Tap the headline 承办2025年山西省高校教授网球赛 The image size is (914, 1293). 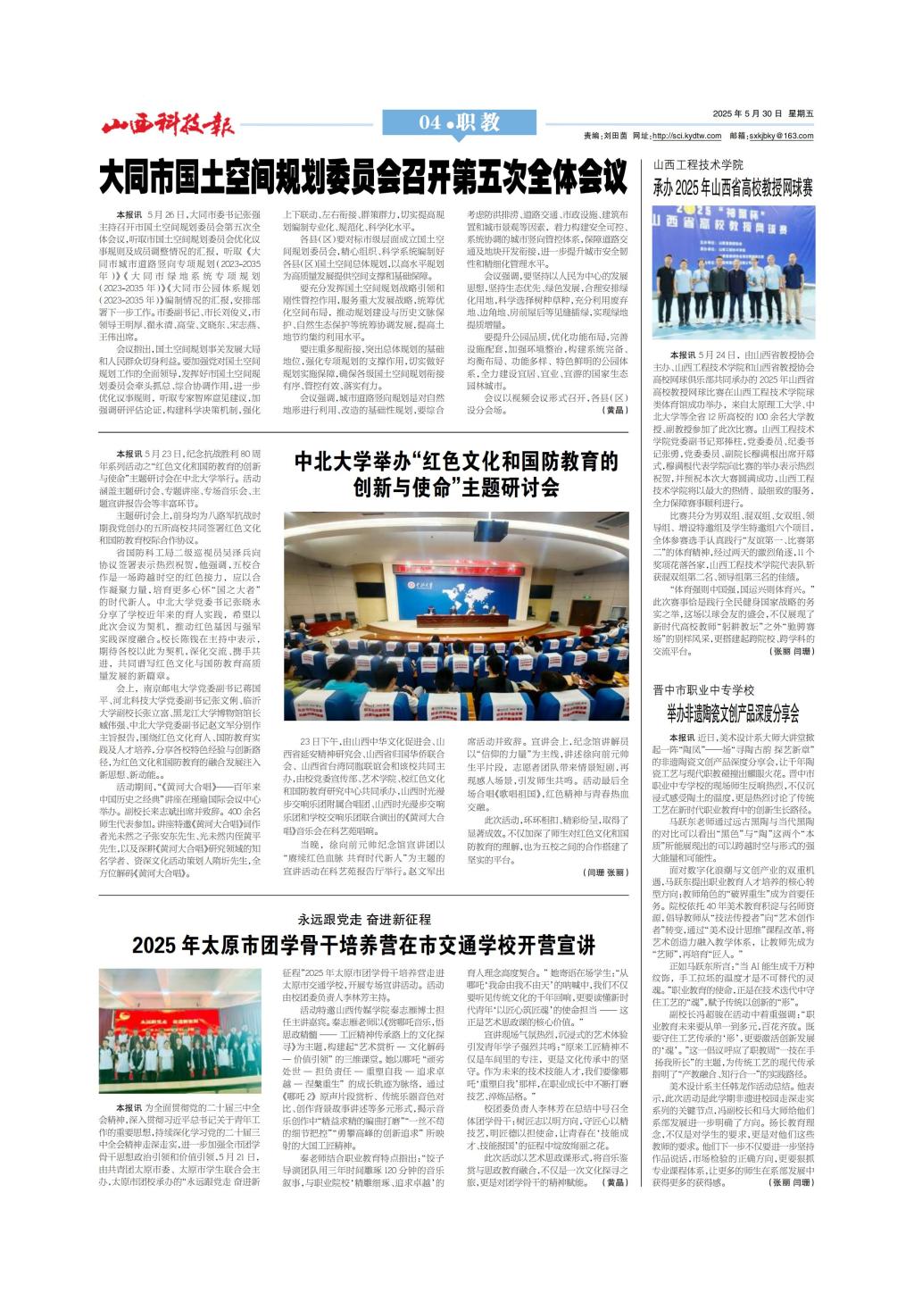[733, 188]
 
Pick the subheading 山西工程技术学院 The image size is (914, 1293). [698, 165]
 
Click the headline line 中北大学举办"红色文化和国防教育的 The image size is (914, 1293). [456, 462]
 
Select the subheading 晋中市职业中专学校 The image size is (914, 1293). [703, 690]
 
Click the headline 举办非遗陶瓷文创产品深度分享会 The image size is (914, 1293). [733, 713]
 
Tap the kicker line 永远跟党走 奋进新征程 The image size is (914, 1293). [363, 919]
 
